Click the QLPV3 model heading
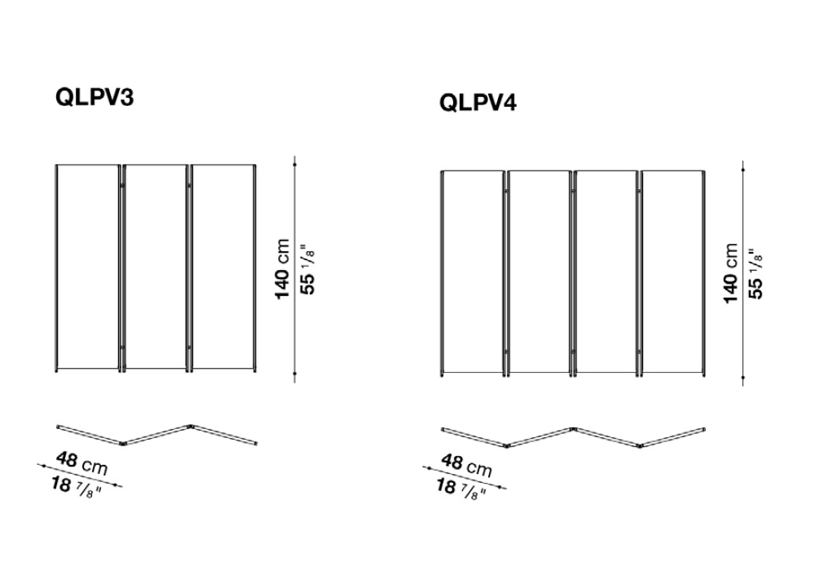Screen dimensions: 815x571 [95, 97]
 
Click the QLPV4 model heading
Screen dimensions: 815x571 [478, 102]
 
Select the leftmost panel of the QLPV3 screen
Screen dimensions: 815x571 [88, 268]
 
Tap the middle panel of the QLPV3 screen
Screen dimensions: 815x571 [156, 268]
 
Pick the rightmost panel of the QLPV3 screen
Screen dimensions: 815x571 [223, 268]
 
